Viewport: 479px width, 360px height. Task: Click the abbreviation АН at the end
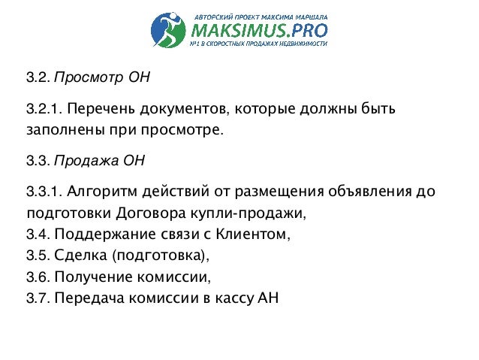(267, 295)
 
